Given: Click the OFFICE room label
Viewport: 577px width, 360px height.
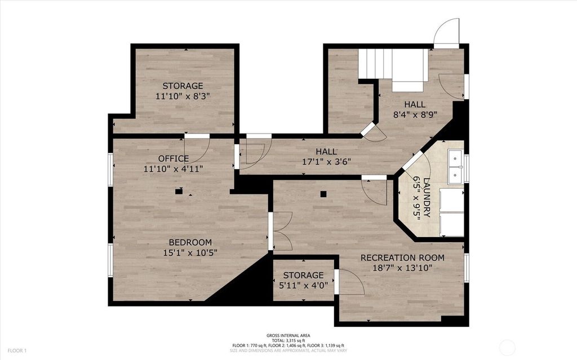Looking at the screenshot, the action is (174, 159).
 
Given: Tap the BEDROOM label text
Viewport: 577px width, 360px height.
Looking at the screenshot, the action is (190, 242).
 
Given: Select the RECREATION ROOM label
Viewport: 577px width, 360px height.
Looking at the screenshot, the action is (402, 257).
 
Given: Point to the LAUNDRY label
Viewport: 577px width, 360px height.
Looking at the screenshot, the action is (427, 198).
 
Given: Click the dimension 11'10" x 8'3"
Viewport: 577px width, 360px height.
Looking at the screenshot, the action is (183, 96).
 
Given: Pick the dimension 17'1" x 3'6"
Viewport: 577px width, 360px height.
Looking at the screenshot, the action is (326, 161).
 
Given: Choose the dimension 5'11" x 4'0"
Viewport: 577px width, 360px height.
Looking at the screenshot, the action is (303, 285).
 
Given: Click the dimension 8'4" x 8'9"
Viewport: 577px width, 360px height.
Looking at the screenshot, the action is (415, 114).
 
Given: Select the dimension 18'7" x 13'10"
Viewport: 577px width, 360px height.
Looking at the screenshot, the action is (402, 268).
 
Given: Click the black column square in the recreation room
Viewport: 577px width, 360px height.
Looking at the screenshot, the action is (323, 194).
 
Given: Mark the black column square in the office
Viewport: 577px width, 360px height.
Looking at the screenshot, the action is (179, 192).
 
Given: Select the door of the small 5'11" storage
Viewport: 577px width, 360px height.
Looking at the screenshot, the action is (349, 282).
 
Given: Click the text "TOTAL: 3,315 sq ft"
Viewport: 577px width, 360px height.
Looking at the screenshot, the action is (288, 340).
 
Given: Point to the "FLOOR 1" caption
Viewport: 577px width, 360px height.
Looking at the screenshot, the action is (17, 351).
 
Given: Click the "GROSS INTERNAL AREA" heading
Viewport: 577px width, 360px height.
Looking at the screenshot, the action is (288, 336).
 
